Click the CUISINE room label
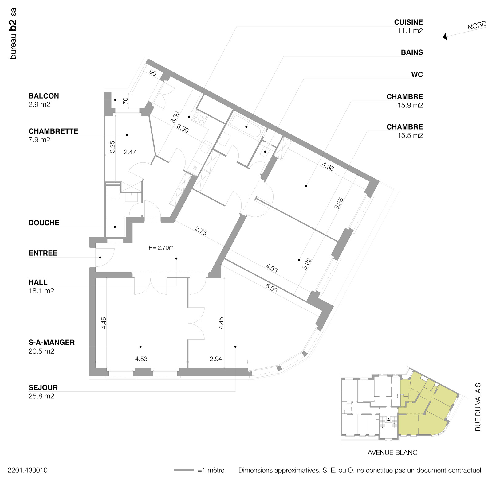point(408,22)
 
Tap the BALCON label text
point(44,96)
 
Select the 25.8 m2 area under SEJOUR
point(41,396)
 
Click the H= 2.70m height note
point(161,248)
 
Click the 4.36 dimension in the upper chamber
point(328,166)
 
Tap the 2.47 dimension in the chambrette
point(130,152)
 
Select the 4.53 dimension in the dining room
point(141,359)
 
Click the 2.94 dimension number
point(216,359)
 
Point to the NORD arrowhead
point(445,37)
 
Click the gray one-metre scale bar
point(184,470)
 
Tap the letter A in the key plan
point(388,420)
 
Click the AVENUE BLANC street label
point(392,452)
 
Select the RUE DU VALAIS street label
point(478,407)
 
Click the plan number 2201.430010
point(28,470)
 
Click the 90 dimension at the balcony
point(153,73)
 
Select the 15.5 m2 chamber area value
point(410,135)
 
